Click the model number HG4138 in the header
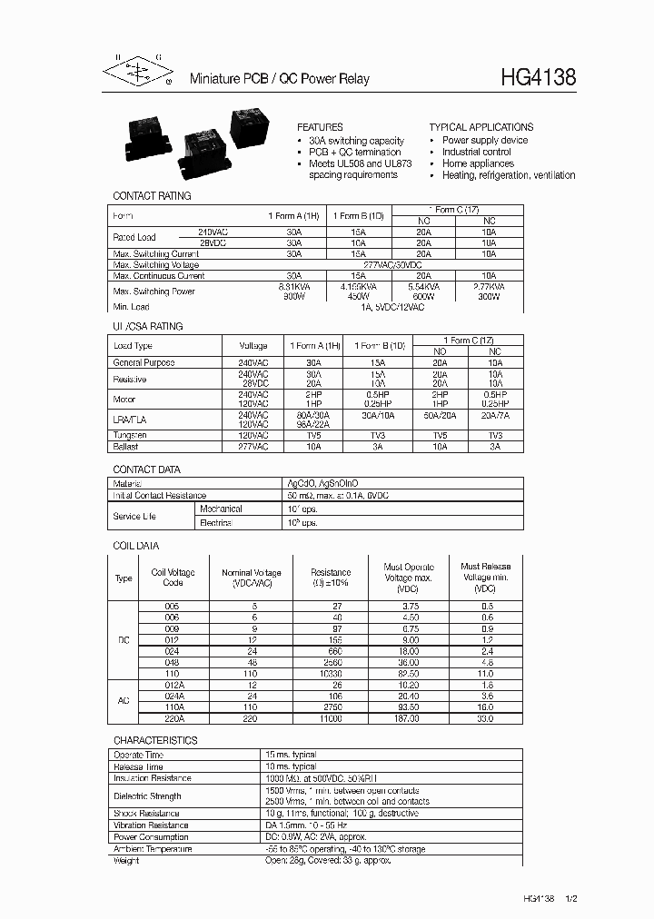(538, 78)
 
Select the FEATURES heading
(320, 127)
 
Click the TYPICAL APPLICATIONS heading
(481, 127)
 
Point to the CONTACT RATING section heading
(152, 195)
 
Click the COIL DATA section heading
(136, 546)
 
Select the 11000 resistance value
(330, 718)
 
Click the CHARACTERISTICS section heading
(155, 740)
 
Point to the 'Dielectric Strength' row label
(146, 796)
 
